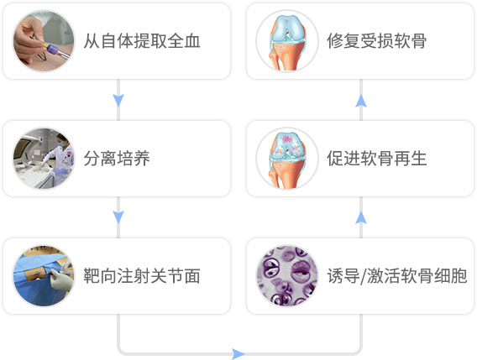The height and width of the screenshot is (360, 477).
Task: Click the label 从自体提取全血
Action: pos(142,41)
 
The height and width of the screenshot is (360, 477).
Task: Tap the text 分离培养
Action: pos(117,159)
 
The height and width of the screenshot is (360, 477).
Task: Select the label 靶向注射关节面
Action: pos(142,276)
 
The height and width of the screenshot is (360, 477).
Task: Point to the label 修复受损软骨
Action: pos(376,41)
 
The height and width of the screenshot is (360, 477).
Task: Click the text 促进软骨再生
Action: pos(376,159)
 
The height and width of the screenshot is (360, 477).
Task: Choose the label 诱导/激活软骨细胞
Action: pos(397,276)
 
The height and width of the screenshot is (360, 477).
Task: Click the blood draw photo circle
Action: pos(44,41)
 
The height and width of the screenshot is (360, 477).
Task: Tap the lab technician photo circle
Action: pos(44,159)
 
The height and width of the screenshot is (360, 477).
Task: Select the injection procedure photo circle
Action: pos(44,276)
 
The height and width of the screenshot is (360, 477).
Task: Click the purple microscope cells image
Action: pos(287,276)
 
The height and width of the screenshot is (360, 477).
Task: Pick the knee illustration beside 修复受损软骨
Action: pos(287,41)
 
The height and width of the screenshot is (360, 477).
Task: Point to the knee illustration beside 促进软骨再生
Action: pos(287,159)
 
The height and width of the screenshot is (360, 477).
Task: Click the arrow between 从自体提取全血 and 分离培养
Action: pos(118,100)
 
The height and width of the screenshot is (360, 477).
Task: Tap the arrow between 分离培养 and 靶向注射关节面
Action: pos(118,217)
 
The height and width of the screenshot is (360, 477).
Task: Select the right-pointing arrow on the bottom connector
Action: pos(238,354)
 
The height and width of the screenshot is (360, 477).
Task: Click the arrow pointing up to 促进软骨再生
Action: pos(361,217)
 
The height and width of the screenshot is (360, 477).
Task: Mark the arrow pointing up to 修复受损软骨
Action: pos(361,101)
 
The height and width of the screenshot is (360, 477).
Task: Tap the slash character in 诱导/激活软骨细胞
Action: pos(363,276)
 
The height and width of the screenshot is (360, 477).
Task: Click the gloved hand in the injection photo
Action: pos(61,280)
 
